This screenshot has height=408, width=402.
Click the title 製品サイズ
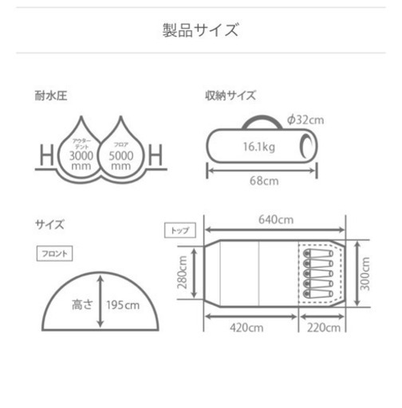(x=201, y=29)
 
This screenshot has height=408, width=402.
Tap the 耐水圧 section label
(x=51, y=96)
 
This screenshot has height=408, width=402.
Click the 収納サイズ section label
(x=231, y=96)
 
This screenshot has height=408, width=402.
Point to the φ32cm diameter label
(x=305, y=120)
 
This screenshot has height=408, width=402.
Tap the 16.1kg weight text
(x=259, y=147)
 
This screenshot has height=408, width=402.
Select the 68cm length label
(x=264, y=181)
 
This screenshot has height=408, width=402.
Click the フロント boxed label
(x=54, y=253)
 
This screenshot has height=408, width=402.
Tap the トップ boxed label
(x=180, y=230)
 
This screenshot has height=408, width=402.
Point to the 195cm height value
(x=123, y=305)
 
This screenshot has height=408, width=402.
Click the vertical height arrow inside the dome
(x=100, y=301)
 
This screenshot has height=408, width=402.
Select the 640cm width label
(x=276, y=220)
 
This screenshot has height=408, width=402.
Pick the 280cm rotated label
(x=183, y=273)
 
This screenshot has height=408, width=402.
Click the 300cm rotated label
(x=365, y=273)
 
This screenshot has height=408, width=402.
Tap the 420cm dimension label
(x=246, y=328)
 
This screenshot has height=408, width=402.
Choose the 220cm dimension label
(x=324, y=328)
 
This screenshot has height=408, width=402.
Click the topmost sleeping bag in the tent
(x=318, y=253)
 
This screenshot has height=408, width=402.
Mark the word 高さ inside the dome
(x=82, y=304)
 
